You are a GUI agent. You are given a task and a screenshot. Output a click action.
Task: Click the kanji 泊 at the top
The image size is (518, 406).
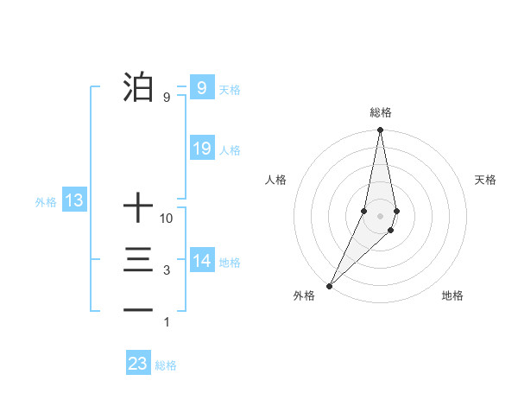coord(138,88)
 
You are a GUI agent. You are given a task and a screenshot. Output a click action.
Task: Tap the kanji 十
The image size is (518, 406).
coord(138,208)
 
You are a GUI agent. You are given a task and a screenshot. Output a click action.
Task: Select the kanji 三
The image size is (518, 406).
coord(138,261)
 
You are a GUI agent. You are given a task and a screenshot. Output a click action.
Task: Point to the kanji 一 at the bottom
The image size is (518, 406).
coord(138,310)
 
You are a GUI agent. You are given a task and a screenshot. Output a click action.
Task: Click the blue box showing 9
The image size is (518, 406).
coord(201,88)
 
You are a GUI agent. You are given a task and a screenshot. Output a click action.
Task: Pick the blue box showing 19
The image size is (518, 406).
coord(201,149)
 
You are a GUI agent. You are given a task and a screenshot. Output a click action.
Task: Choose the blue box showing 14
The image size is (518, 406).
coord(201,261)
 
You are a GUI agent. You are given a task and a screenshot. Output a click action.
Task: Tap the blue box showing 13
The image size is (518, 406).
coord(74,201)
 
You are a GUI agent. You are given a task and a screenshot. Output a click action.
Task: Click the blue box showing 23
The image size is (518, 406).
coord(138,364)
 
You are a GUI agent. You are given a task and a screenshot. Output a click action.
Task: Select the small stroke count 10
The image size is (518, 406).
coord(167,219)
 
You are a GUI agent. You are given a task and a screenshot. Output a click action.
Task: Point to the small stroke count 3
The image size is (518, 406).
coord(167,271)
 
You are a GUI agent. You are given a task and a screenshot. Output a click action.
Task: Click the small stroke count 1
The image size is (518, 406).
coord(167,322)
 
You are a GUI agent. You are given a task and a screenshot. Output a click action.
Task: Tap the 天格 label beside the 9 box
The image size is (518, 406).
coord(230,90)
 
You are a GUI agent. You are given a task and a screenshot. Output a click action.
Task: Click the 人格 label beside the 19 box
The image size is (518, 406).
coord(230,150)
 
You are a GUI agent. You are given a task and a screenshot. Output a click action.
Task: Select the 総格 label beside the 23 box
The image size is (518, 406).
coord(166,365)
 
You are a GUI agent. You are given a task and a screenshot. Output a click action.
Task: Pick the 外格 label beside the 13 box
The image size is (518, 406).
coord(46,203)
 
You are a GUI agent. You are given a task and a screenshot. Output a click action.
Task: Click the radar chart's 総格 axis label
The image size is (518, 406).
coord(381,112)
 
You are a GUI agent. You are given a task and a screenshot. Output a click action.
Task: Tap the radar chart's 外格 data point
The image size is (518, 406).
coord(330,285)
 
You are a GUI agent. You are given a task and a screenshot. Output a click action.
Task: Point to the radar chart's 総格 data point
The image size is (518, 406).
coord(380,131)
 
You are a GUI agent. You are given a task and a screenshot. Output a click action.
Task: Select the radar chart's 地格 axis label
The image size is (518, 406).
coord(452,296)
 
